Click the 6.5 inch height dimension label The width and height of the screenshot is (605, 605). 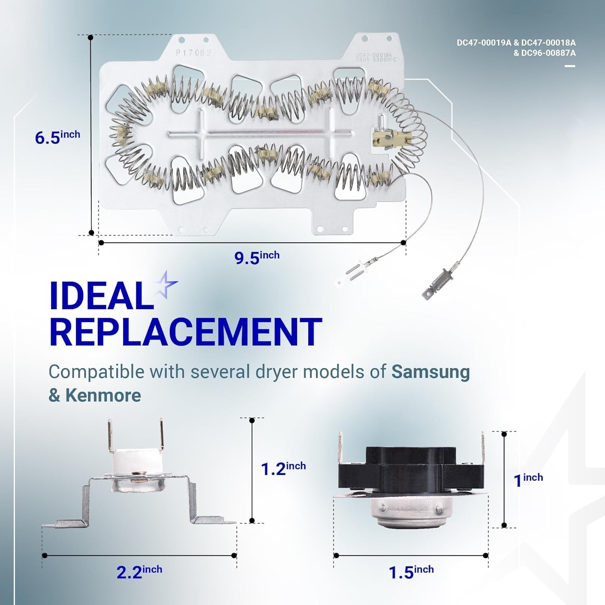click(x=57, y=136)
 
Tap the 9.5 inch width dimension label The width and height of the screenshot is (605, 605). click(x=257, y=257)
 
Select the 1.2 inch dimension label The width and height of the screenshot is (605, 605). click(x=283, y=468)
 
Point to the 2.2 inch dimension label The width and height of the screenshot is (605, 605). click(x=139, y=572)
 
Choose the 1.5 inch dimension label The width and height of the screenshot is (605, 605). click(x=411, y=572)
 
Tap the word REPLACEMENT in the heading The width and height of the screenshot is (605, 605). click(x=186, y=332)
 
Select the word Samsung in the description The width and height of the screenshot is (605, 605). click(x=430, y=372)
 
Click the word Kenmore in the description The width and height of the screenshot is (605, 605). click(x=103, y=395)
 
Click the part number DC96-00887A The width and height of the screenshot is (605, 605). click(x=548, y=53)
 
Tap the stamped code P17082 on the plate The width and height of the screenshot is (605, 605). click(x=194, y=53)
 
